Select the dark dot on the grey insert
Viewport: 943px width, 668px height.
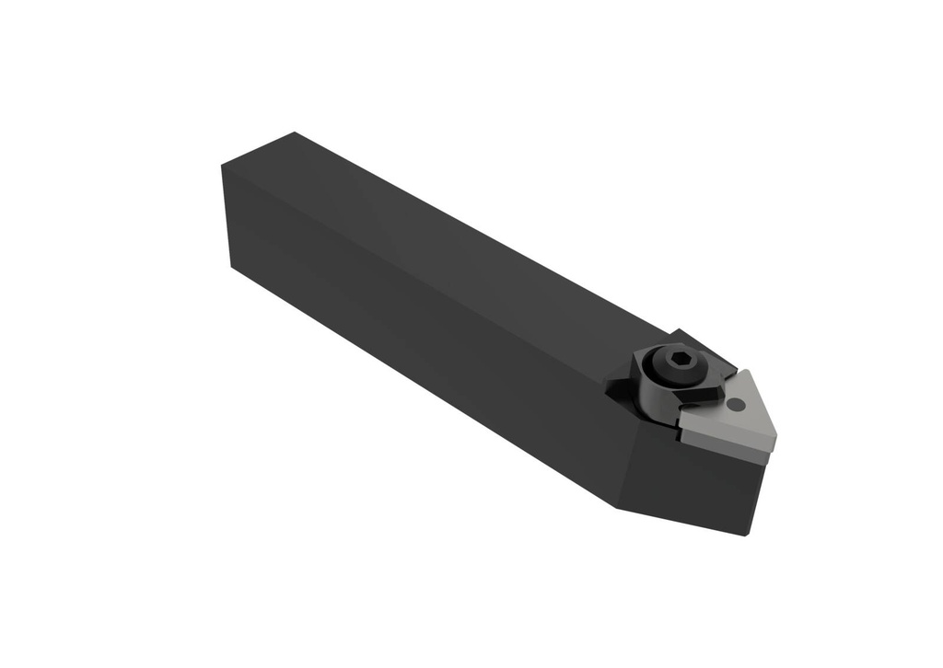(735, 404)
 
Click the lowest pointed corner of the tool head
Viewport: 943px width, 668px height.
(748, 535)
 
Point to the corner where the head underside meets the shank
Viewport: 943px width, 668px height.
(614, 506)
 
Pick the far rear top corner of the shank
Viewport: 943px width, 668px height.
(294, 132)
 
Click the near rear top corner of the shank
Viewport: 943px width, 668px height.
(223, 166)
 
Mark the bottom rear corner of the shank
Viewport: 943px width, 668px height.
(229, 267)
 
